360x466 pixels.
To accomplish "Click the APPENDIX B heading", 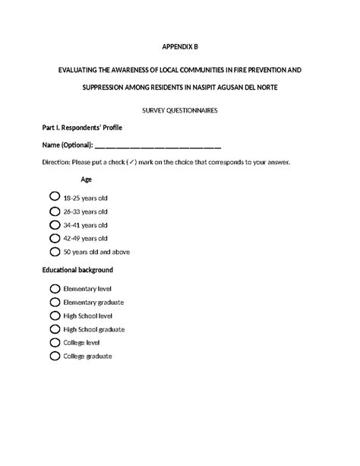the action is tap(180, 46).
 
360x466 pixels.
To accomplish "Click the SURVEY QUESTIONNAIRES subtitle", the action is tap(180, 110).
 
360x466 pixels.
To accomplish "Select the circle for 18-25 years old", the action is tap(55, 197).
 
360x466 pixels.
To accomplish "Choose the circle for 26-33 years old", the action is tap(55, 211).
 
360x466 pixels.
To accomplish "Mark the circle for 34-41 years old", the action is tap(55, 225).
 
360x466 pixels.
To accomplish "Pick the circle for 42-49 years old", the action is tap(55, 238).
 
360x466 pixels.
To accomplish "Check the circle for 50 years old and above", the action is tap(55, 252).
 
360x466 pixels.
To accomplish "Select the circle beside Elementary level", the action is tap(55, 289).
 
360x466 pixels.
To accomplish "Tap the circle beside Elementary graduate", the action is tap(55, 303).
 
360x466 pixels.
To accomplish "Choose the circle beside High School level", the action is tap(55, 315).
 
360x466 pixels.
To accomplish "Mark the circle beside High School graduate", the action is tap(55, 329).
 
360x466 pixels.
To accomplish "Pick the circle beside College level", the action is tap(55, 343).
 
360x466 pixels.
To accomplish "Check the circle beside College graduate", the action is tap(55, 356).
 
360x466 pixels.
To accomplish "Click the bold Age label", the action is tap(87, 179).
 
